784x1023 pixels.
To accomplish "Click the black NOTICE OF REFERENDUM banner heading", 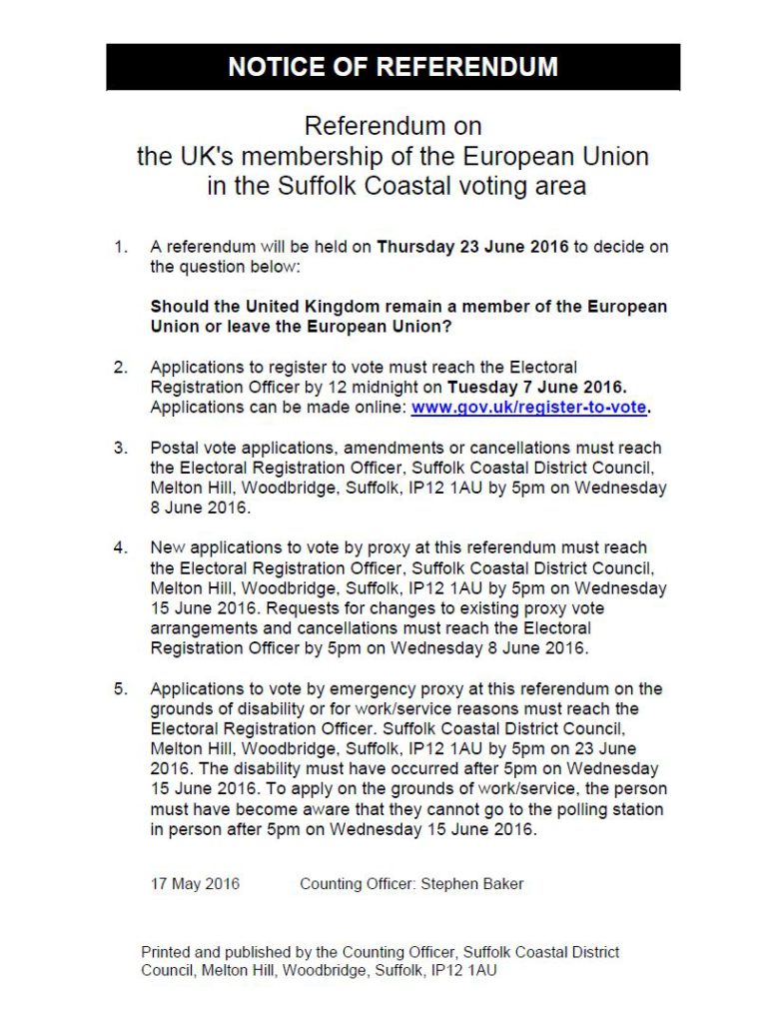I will click(392, 67).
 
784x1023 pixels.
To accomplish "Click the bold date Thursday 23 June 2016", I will click(472, 248).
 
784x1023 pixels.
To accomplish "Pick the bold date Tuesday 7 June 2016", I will click(536, 388).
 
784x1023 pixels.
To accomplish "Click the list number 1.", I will click(121, 248).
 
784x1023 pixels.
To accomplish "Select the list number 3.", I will click(121, 449).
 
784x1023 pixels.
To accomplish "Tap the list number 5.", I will click(121, 689).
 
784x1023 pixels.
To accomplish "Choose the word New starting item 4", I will click(167, 548).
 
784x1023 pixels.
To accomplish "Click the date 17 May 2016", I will click(195, 884).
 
